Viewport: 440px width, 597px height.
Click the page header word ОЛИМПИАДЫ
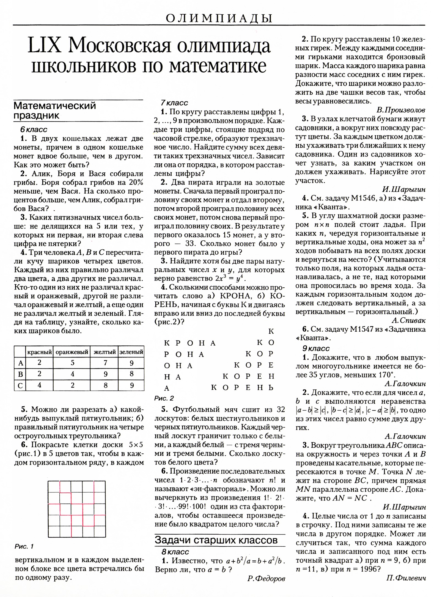[x=219, y=18]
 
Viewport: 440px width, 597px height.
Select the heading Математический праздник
[x=55, y=110]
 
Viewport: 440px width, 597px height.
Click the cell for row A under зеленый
[x=131, y=363]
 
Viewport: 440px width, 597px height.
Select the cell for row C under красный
[x=39, y=385]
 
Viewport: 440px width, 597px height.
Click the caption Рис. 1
[x=24, y=546]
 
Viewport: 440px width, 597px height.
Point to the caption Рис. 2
[x=164, y=398]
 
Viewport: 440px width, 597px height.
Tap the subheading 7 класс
[x=174, y=103]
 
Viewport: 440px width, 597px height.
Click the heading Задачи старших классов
[x=216, y=540]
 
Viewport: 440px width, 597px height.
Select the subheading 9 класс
[x=316, y=348]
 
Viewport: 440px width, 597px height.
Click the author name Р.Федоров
[x=266, y=579]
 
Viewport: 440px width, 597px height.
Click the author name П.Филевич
[x=406, y=578]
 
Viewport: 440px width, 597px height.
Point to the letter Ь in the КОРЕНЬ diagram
[x=271, y=388]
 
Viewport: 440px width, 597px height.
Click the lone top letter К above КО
[x=271, y=331]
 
